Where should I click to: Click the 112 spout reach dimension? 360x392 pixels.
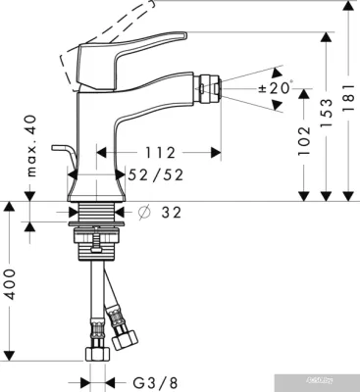158,152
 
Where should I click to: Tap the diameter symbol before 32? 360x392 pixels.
144,213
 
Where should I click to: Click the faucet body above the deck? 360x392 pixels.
98,147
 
